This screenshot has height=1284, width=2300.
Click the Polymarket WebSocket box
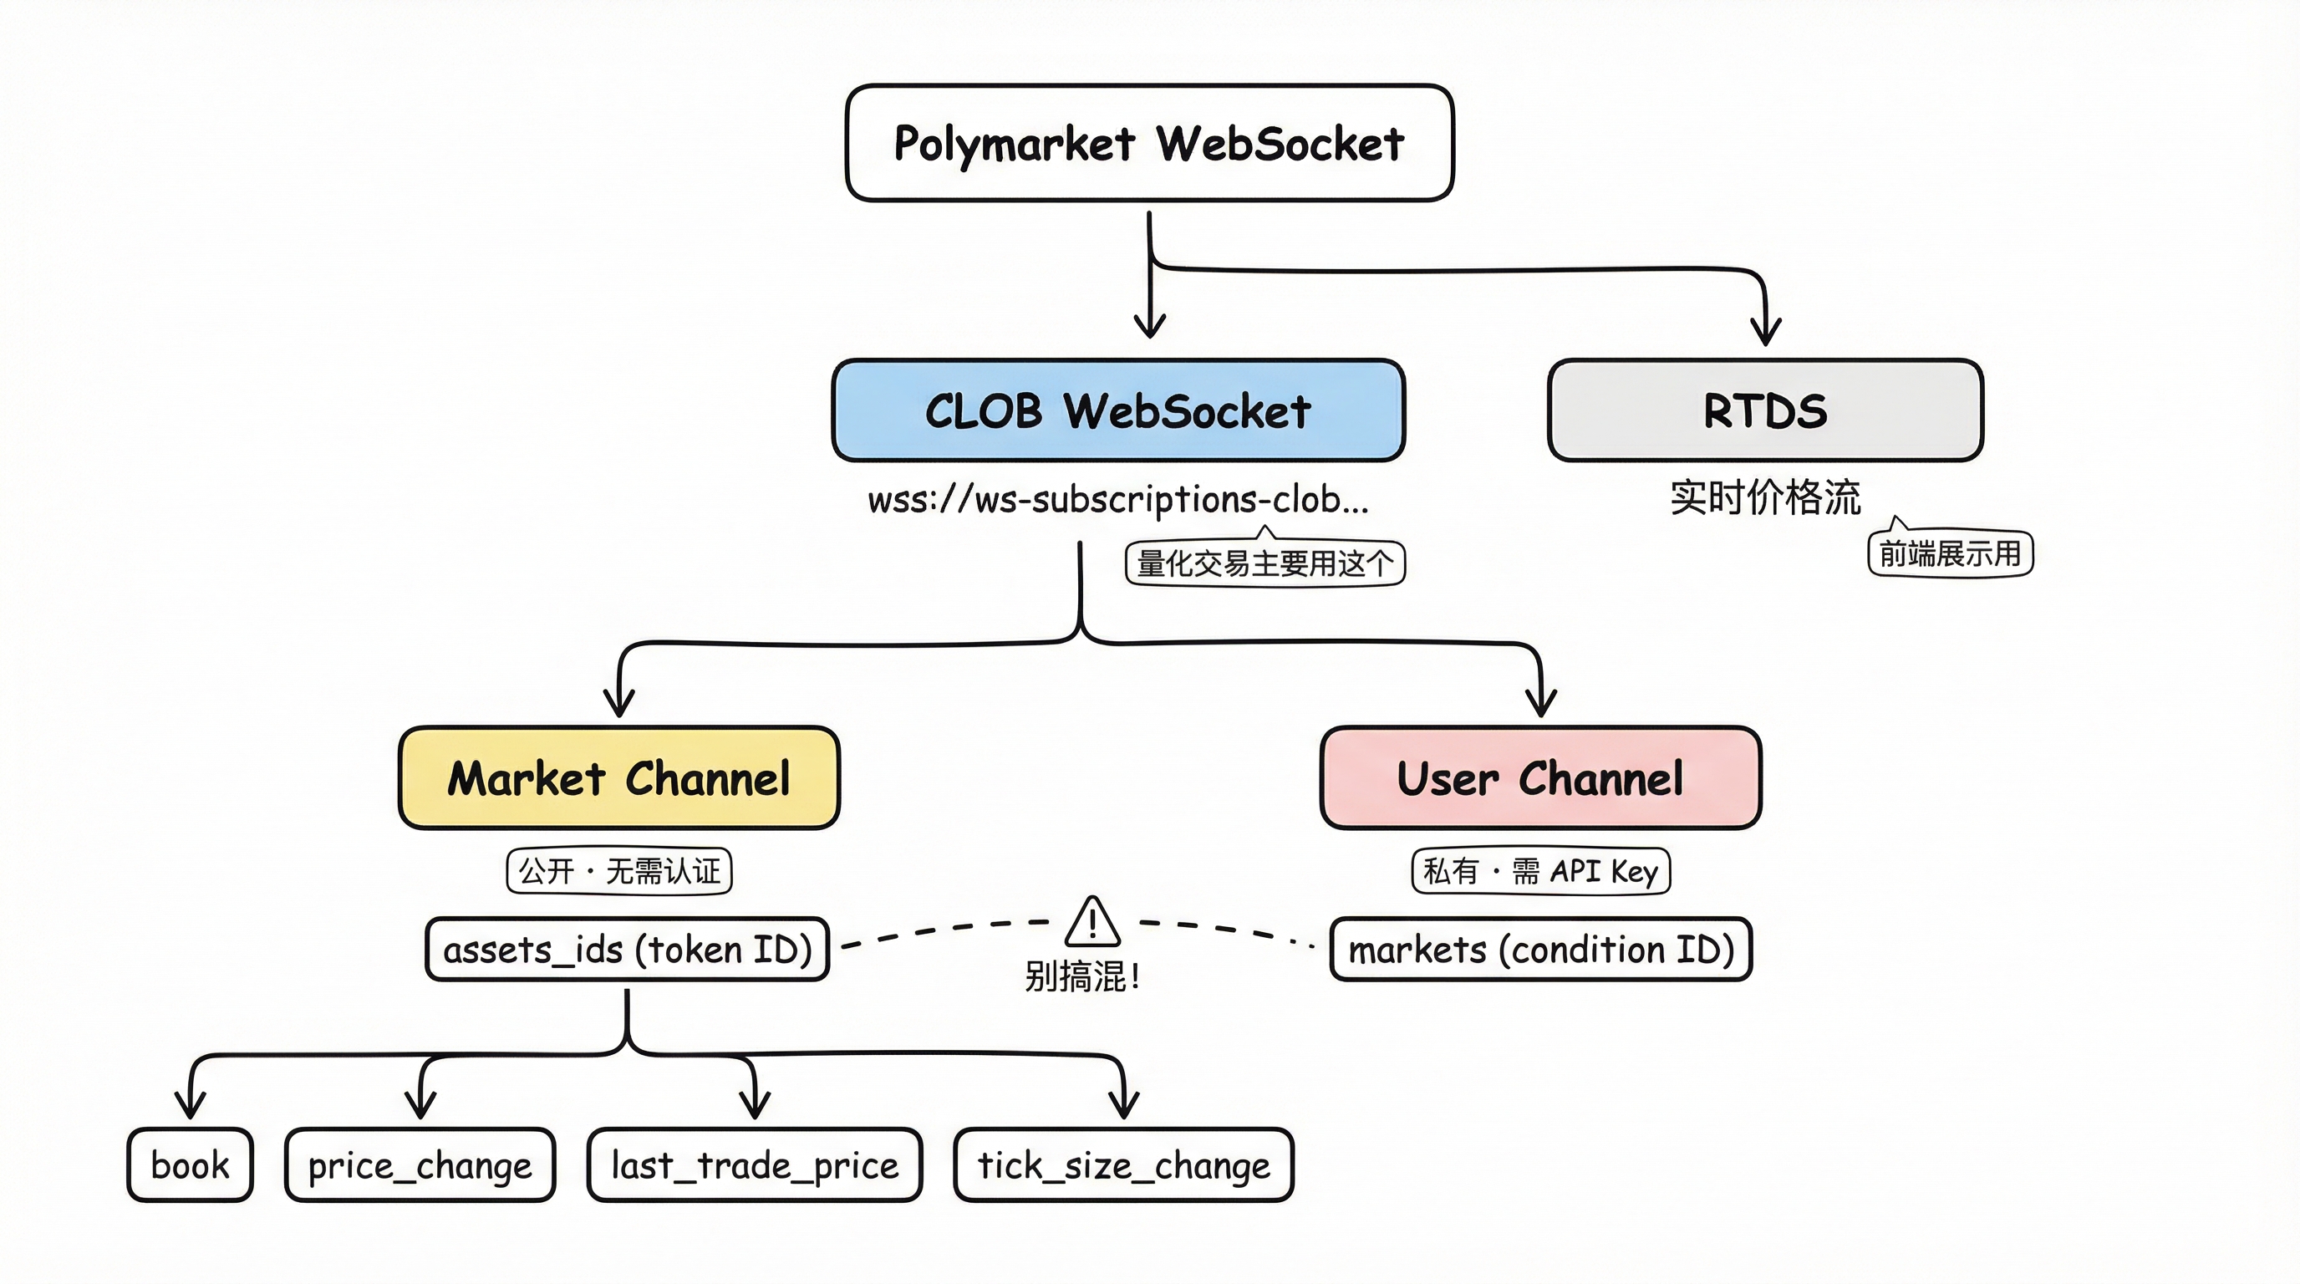(1149, 143)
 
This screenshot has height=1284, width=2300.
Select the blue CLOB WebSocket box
(1118, 410)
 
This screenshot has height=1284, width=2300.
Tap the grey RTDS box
(1765, 410)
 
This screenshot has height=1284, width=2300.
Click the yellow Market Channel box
(618, 777)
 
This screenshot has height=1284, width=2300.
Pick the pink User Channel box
(1540, 777)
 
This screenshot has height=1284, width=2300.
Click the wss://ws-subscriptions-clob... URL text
(1118, 499)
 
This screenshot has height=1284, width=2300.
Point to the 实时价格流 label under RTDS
(1765, 497)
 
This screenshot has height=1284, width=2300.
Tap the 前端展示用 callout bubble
(1950, 554)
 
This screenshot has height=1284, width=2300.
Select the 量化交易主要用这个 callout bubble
(1264, 564)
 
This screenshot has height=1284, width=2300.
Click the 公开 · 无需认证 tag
(618, 870)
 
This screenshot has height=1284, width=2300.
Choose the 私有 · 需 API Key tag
(1540, 870)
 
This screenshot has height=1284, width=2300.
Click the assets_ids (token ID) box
(627, 949)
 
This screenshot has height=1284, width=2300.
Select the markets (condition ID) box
(1540, 949)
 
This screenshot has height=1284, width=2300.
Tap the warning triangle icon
(1092, 923)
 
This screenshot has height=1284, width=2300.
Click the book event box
(191, 1165)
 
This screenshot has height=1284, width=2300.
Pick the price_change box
(420, 1165)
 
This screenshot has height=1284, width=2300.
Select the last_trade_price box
(755, 1165)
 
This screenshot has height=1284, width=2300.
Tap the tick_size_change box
(1123, 1165)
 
